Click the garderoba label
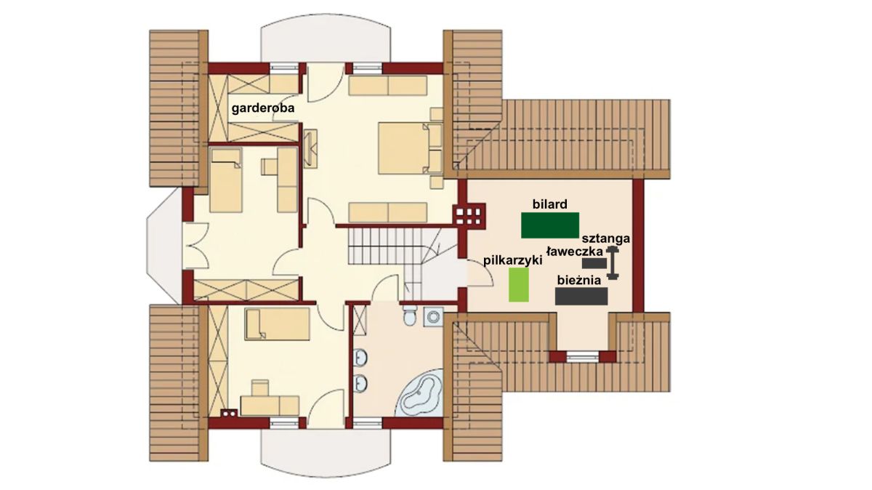tap(263, 108)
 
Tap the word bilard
tap(549, 204)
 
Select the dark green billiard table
tap(550, 225)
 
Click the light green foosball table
tap(519, 285)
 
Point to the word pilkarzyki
tap(513, 260)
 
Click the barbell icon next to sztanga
tap(613, 262)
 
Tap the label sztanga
tap(606, 238)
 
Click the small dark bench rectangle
tap(594, 263)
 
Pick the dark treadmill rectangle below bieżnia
tap(581, 296)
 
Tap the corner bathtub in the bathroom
tap(420, 393)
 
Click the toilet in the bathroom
tap(410, 315)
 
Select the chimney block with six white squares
tap(469, 216)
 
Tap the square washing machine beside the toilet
tap(433, 317)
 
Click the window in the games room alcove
tap(582, 357)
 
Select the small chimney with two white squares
tap(229, 413)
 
